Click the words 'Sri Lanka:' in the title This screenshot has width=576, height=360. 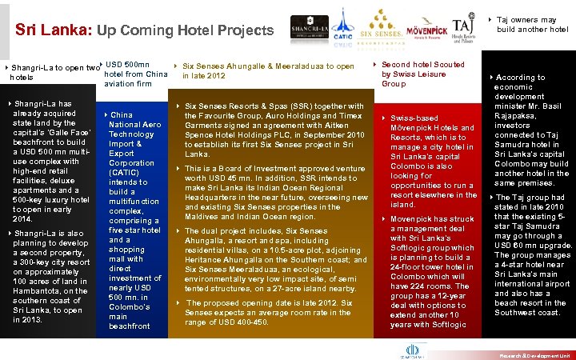tap(53, 30)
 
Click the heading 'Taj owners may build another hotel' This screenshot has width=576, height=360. tap(532, 24)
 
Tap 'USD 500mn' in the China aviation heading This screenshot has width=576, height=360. tap(127, 65)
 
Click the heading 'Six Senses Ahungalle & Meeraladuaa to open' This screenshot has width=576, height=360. tap(268, 66)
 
